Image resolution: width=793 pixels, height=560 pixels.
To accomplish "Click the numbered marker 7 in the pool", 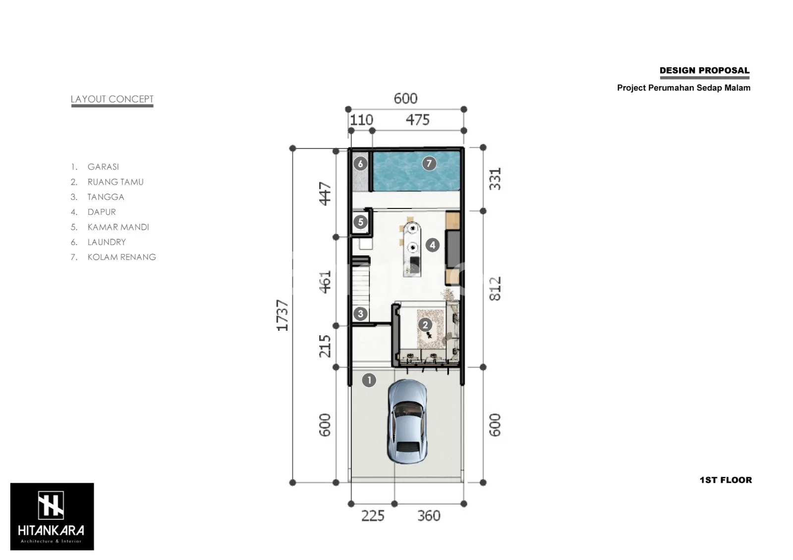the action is (x=429, y=163).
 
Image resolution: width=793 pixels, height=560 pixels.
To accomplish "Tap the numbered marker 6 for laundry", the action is (x=360, y=164).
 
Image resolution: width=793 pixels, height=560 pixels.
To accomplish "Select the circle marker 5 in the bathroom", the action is (x=360, y=222).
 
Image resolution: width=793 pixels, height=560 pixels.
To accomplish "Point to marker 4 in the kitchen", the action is (x=432, y=245).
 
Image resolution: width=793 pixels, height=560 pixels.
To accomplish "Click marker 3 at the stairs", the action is (x=360, y=313).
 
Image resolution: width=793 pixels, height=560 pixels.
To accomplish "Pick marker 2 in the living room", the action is (x=425, y=325).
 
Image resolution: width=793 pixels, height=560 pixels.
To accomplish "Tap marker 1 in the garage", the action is (x=369, y=380).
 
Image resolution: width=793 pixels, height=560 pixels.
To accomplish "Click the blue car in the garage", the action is (x=407, y=422).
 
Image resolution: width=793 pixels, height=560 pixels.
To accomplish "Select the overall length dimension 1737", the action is (x=283, y=315).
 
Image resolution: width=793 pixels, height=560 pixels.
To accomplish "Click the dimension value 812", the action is (x=495, y=289).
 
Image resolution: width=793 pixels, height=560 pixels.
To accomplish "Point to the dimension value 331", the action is (x=495, y=179).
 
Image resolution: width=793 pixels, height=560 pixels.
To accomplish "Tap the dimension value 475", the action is (x=418, y=120).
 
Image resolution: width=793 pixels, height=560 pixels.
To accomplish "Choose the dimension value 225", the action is (x=373, y=516).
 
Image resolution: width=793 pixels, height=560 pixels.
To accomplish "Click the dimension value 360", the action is (x=429, y=516).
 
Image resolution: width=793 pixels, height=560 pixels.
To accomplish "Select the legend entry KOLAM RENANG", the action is (x=122, y=257).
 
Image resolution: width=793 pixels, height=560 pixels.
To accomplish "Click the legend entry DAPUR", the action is (x=102, y=212).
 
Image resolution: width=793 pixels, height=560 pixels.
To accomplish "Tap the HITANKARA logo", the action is (x=52, y=516).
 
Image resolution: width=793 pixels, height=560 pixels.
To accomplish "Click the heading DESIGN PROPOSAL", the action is (x=704, y=70).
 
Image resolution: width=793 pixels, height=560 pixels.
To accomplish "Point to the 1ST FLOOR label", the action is (x=726, y=480).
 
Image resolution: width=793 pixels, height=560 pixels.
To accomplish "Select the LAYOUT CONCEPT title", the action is (x=112, y=99).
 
